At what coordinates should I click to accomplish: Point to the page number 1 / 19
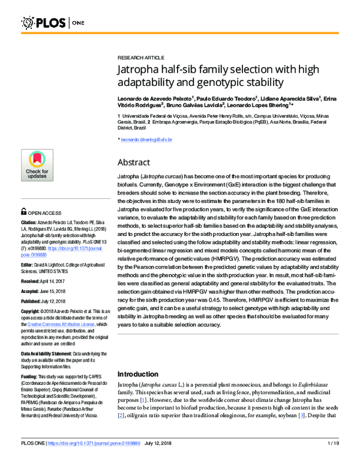[335, 461]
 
